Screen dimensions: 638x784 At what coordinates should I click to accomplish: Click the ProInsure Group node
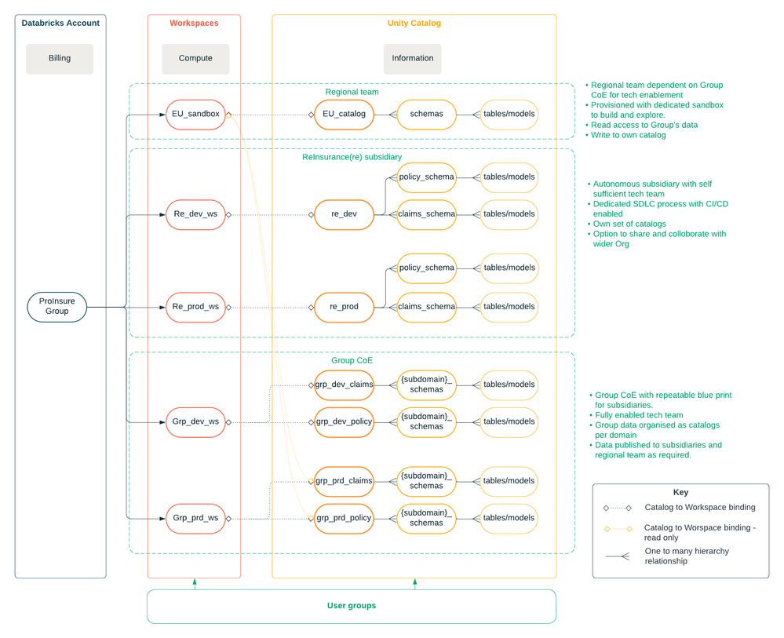pyautogui.click(x=57, y=306)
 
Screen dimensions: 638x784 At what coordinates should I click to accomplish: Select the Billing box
pyautogui.click(x=60, y=58)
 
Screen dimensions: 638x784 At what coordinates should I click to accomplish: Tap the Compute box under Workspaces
pyautogui.click(x=195, y=58)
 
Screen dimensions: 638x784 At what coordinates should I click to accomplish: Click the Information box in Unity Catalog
pyautogui.click(x=413, y=58)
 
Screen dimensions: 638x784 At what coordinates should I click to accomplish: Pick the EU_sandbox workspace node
pyautogui.click(x=195, y=114)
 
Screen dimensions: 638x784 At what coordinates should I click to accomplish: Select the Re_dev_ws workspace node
pyautogui.click(x=195, y=214)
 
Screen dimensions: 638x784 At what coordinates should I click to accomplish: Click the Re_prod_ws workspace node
pyautogui.click(x=195, y=307)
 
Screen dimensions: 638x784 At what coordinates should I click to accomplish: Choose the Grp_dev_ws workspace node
pyautogui.click(x=195, y=422)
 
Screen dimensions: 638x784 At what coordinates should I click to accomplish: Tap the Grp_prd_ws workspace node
pyautogui.click(x=195, y=518)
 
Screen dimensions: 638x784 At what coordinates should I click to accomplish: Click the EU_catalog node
pyautogui.click(x=344, y=114)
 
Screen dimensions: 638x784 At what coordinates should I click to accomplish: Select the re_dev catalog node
pyautogui.click(x=344, y=214)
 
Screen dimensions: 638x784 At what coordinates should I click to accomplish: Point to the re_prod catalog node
pyautogui.click(x=344, y=307)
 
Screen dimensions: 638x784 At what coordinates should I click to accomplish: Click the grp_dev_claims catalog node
pyautogui.click(x=344, y=385)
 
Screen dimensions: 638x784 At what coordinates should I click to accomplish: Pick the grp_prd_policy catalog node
pyautogui.click(x=344, y=518)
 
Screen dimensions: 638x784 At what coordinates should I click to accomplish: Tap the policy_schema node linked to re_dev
pyautogui.click(x=426, y=177)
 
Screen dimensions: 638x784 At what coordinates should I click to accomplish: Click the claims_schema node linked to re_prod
pyautogui.click(x=426, y=307)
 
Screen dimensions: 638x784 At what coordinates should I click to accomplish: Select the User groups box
pyautogui.click(x=351, y=606)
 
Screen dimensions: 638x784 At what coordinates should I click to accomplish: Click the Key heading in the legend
pyautogui.click(x=680, y=492)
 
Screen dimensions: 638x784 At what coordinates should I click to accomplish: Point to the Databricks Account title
pyautogui.click(x=60, y=23)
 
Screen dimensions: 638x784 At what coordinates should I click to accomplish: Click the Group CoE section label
pyautogui.click(x=352, y=360)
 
